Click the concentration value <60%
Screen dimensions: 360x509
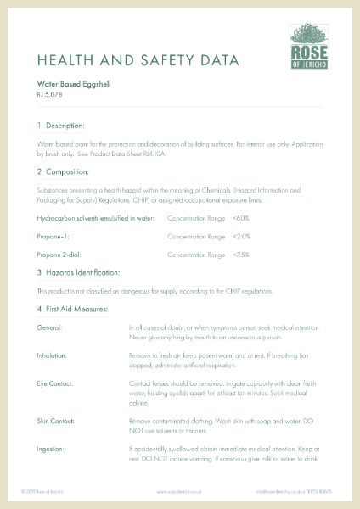coord(241,218)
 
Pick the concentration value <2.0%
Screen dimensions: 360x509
coord(242,236)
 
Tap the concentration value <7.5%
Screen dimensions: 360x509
coord(242,254)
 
